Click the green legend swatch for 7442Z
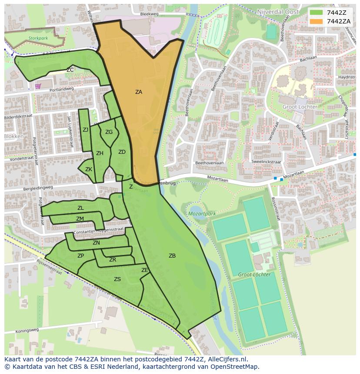pos(317,13)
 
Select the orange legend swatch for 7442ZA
pos(317,21)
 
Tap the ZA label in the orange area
pos(138,92)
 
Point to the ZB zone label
pos(172,256)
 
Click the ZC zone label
pos(70,70)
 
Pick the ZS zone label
pos(117,279)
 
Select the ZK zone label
pos(89,169)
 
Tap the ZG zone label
pos(109,132)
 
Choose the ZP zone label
pos(80,256)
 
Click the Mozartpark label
pos(202,214)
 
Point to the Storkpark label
pos(38,38)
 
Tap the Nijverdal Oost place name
pos(278,12)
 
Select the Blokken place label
pos(13,136)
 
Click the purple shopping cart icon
pos(38,86)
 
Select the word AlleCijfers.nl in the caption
pos(226,359)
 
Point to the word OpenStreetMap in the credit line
pos(235,367)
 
